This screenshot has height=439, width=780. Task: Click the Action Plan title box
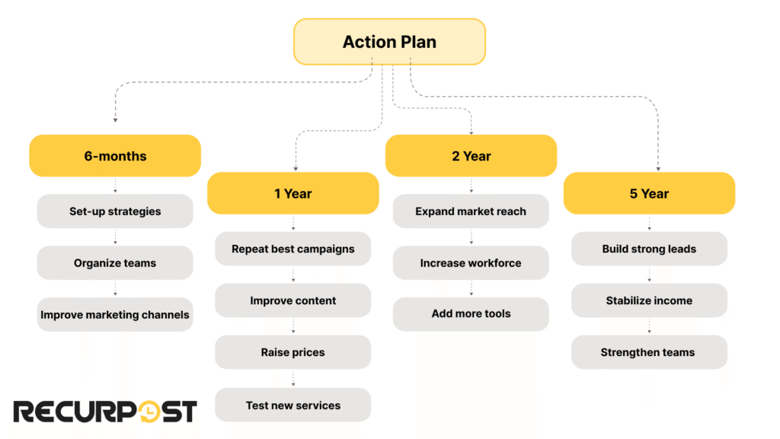[x=389, y=41]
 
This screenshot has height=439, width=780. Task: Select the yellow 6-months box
[x=115, y=155]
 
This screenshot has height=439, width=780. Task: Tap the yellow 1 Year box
[x=292, y=193]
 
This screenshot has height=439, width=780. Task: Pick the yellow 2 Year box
[x=471, y=155]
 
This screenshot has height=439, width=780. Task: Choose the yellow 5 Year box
[x=649, y=193]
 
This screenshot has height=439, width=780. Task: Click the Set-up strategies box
[x=115, y=211]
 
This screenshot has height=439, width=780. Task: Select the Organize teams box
[x=115, y=263]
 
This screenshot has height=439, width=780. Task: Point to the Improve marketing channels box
[x=115, y=314]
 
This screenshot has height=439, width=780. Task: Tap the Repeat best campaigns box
[x=292, y=248]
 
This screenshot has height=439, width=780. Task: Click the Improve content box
[x=292, y=300]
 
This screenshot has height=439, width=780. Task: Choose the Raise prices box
[x=292, y=352]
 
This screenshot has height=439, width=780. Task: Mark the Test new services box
[x=292, y=405]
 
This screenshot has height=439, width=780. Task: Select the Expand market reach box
[x=471, y=211]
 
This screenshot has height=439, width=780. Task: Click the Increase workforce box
[x=471, y=263]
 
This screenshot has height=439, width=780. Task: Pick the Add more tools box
[x=471, y=313]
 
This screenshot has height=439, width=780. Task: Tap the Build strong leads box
[x=649, y=248]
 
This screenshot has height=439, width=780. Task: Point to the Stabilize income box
[x=649, y=300]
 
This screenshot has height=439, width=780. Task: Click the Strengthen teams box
[x=649, y=352]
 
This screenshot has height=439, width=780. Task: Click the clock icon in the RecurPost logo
[x=150, y=412]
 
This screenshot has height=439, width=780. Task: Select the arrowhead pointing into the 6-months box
[x=115, y=120]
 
